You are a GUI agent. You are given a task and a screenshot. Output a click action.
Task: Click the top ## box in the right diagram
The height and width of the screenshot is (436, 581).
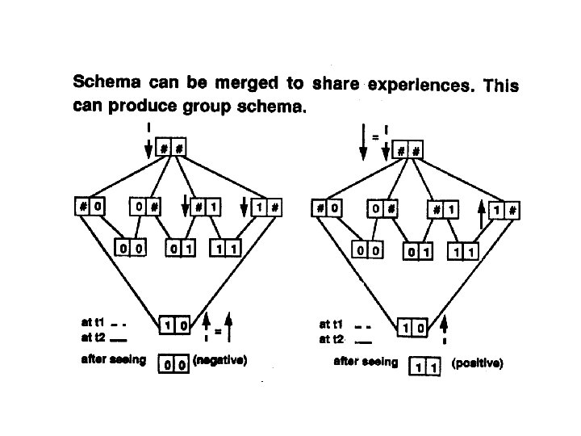408,150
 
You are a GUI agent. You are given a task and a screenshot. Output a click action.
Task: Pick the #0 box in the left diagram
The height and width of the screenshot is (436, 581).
90,206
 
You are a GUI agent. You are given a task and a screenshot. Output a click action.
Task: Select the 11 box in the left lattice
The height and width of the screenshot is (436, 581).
225,247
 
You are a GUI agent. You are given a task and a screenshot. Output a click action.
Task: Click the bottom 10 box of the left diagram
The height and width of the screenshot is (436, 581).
176,325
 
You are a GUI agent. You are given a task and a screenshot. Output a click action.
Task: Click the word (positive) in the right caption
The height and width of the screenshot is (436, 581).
478,364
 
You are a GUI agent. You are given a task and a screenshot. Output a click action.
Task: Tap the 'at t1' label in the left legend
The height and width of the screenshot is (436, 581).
94,325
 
